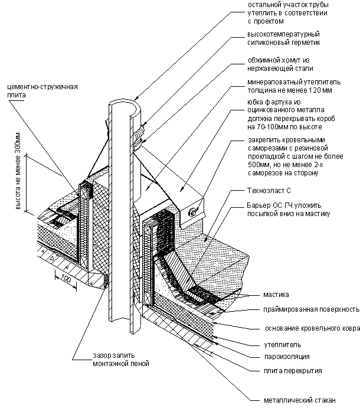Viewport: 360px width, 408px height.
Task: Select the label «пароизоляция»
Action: coord(274,357)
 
